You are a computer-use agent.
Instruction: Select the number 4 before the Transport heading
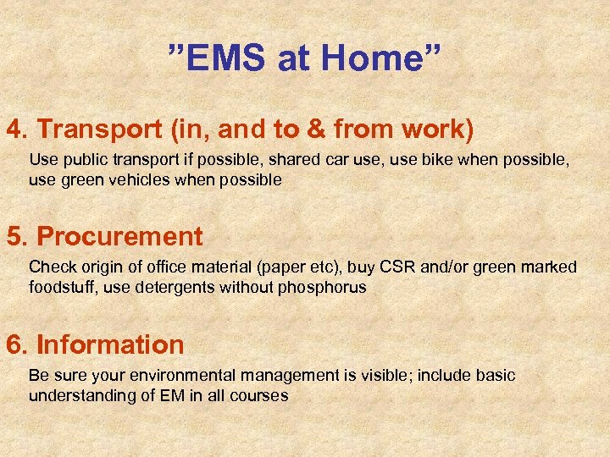pyautogui.click(x=14, y=129)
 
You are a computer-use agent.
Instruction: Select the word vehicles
pyautogui.click(x=134, y=179)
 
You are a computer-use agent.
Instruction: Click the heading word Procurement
pyautogui.click(x=119, y=236)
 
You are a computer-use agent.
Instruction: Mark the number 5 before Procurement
pyautogui.click(x=14, y=236)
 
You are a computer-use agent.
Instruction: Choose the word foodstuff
pyautogui.click(x=62, y=287)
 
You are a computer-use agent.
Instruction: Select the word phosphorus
pyautogui.click(x=323, y=287)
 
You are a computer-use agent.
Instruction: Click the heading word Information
pyautogui.click(x=110, y=344)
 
